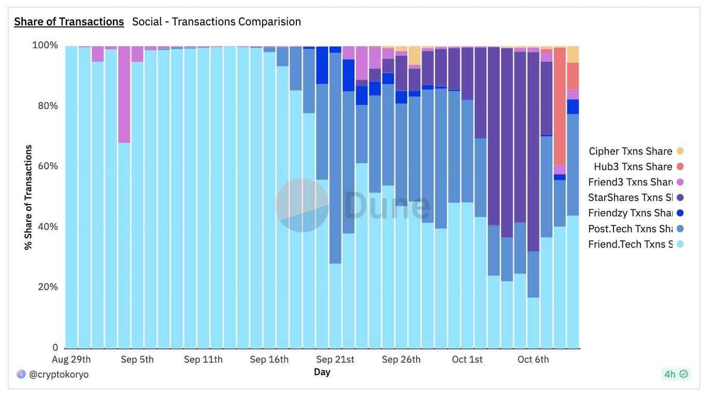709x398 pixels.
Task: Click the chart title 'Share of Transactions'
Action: [69, 22]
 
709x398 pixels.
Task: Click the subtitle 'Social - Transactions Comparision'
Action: [216, 22]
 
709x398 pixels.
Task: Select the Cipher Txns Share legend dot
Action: [680, 151]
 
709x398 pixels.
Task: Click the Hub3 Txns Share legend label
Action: [633, 167]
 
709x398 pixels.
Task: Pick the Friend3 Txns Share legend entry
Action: [630, 182]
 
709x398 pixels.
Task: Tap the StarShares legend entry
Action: [630, 197]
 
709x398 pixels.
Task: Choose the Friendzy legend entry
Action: [630, 213]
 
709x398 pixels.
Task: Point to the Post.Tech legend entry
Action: [630, 229]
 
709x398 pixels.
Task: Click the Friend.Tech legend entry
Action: [630, 244]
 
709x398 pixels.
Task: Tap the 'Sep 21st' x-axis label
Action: [335, 360]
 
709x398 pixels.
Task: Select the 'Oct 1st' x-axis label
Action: [467, 360]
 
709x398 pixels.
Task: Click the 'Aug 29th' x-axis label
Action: [72, 360]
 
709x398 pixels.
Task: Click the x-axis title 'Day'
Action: [322, 372]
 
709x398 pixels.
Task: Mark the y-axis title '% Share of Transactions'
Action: [28, 197]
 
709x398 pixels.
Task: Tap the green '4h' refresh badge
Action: [676, 374]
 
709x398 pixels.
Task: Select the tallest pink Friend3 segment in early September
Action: [124, 94]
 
